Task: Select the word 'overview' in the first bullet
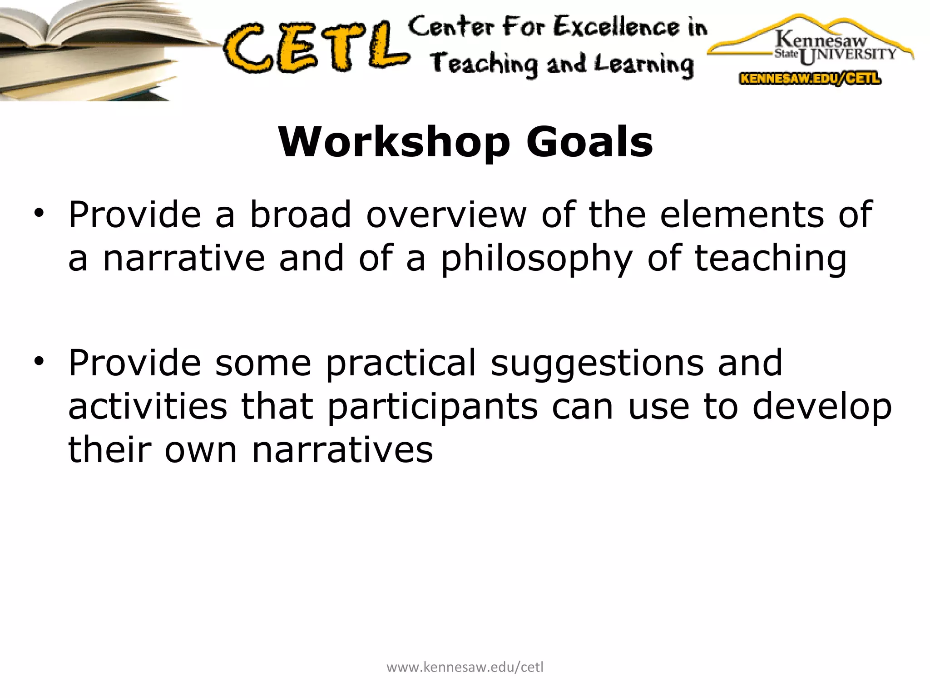click(446, 214)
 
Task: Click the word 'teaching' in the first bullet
click(771, 259)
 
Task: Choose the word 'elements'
click(742, 214)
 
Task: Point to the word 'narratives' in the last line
click(342, 450)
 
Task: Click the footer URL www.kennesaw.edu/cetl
click(465, 667)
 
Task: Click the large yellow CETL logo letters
click(316, 48)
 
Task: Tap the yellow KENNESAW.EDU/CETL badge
click(810, 79)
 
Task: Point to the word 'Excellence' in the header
click(617, 27)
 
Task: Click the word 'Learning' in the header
click(645, 65)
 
